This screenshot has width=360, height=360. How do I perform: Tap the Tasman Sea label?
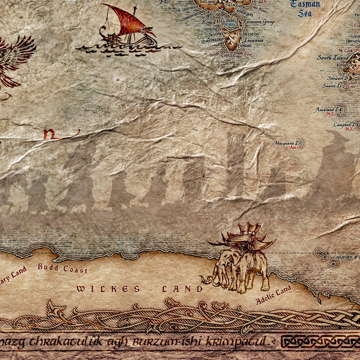(x=305, y=8)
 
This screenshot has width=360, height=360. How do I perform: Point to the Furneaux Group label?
(x=259, y=22)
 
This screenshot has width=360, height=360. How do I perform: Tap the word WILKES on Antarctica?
(x=108, y=289)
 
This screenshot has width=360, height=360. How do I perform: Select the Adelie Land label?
(x=274, y=295)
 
